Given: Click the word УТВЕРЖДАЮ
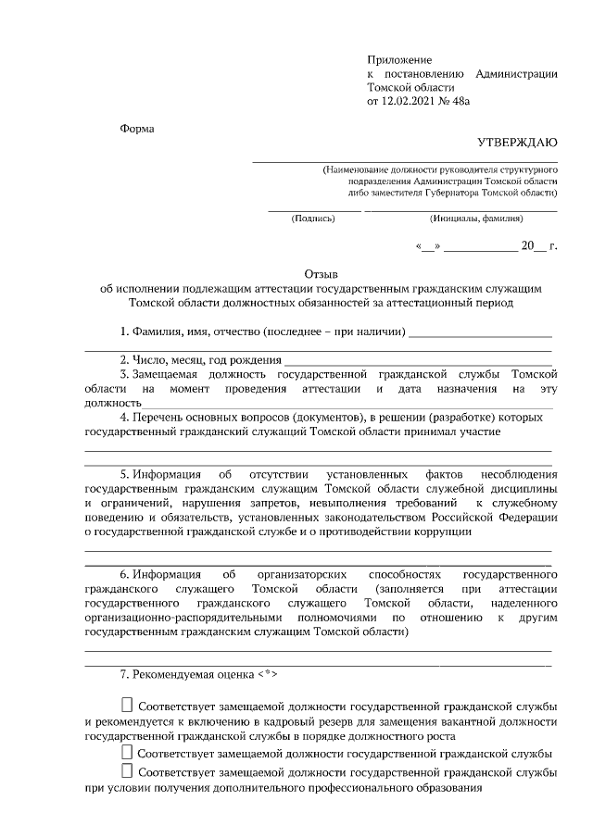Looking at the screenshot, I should (517, 142).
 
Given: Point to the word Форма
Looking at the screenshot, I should (137, 128).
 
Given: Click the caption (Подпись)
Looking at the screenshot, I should (313, 219).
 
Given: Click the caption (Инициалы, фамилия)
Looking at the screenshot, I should (476, 219).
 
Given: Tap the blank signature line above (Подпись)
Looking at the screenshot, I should (313, 210).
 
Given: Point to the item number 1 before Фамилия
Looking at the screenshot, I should (123, 331).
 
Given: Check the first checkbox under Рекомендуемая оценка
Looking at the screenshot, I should (127, 706).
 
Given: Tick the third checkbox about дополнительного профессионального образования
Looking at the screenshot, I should (127, 771).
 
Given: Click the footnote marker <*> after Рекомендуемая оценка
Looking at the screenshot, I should (265, 673).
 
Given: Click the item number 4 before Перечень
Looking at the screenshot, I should (123, 417).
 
